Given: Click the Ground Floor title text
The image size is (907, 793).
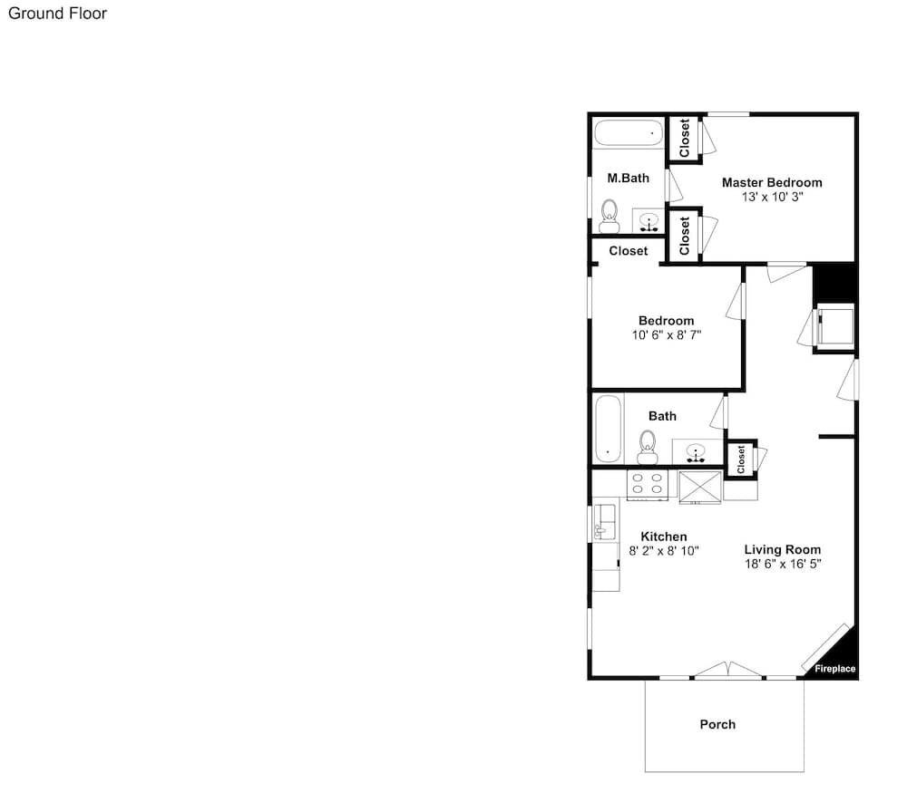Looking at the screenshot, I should [x=57, y=14].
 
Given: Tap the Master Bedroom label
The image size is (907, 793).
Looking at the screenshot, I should [x=772, y=182].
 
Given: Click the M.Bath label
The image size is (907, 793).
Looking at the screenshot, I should [x=628, y=179].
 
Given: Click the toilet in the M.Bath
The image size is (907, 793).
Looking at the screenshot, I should [x=610, y=215].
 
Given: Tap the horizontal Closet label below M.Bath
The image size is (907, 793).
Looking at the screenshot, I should [x=629, y=251].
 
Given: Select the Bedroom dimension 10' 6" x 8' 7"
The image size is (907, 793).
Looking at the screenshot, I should [x=667, y=334].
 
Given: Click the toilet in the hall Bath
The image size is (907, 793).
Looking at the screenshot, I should [x=647, y=445].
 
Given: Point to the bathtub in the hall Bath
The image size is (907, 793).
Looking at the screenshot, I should [x=608, y=427].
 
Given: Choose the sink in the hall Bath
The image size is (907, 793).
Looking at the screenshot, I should [x=697, y=450].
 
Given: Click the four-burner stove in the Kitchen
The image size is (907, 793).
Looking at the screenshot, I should [x=648, y=483].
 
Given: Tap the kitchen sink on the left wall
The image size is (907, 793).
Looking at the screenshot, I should [x=604, y=524].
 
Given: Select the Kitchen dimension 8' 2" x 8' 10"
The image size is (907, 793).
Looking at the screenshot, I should [x=664, y=550].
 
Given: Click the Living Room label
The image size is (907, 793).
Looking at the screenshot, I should [x=782, y=549].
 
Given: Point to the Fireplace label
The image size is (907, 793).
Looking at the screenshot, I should [x=834, y=669].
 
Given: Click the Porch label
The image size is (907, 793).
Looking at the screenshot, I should [x=717, y=724].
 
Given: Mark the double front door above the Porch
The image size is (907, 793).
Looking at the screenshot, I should [x=728, y=671].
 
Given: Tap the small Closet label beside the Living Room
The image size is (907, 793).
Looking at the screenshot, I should [x=741, y=459].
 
